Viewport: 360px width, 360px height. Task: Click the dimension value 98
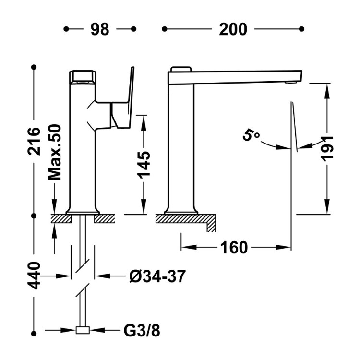point(100,29)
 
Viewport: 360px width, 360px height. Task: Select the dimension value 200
point(233,29)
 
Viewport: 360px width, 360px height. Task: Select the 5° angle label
point(251,135)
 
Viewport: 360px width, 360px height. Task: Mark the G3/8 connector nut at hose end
point(83,330)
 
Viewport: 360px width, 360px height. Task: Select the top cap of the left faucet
point(83,76)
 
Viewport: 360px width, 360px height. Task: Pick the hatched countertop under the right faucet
point(185,218)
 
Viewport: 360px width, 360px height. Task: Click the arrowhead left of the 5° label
point(280,147)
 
